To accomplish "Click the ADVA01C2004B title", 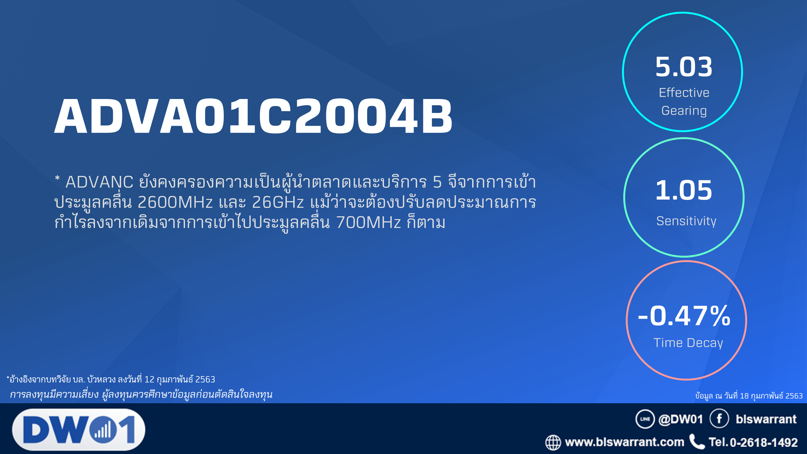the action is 253,116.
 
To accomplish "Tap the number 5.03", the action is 684,67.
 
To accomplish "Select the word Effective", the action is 684,92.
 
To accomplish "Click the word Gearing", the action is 684,111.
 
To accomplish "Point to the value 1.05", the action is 684,190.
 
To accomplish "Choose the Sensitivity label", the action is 686,221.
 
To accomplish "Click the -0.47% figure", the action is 684,316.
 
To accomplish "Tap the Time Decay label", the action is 688,343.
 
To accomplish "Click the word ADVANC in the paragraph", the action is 99,182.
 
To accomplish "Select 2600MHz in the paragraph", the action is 175,202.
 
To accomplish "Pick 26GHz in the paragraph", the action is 278,202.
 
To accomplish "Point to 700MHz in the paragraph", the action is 369,222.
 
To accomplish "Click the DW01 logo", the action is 79,429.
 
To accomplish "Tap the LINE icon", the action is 645,419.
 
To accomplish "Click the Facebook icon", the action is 719,419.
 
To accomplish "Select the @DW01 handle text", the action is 681,419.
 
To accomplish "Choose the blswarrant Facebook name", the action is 766,419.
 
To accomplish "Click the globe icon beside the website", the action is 553,442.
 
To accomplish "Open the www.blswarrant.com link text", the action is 624,442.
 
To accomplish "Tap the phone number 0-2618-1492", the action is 764,442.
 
